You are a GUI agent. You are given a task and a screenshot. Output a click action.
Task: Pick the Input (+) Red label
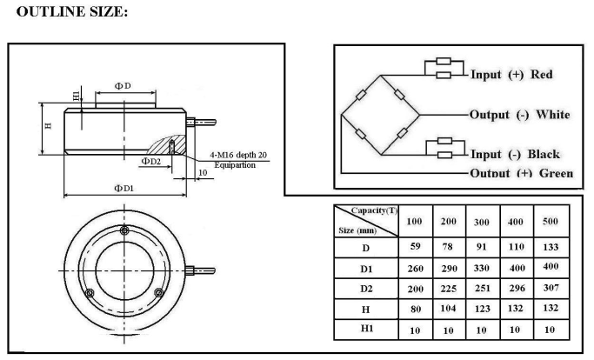click(x=511, y=74)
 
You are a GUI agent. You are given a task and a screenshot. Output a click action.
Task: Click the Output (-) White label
click(x=520, y=114)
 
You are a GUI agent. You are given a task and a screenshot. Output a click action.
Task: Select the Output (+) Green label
click(x=521, y=173)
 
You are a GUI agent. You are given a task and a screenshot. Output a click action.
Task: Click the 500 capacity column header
click(x=550, y=222)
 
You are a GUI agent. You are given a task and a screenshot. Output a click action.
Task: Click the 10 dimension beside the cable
click(x=202, y=174)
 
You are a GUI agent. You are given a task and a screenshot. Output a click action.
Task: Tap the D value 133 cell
click(x=550, y=246)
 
